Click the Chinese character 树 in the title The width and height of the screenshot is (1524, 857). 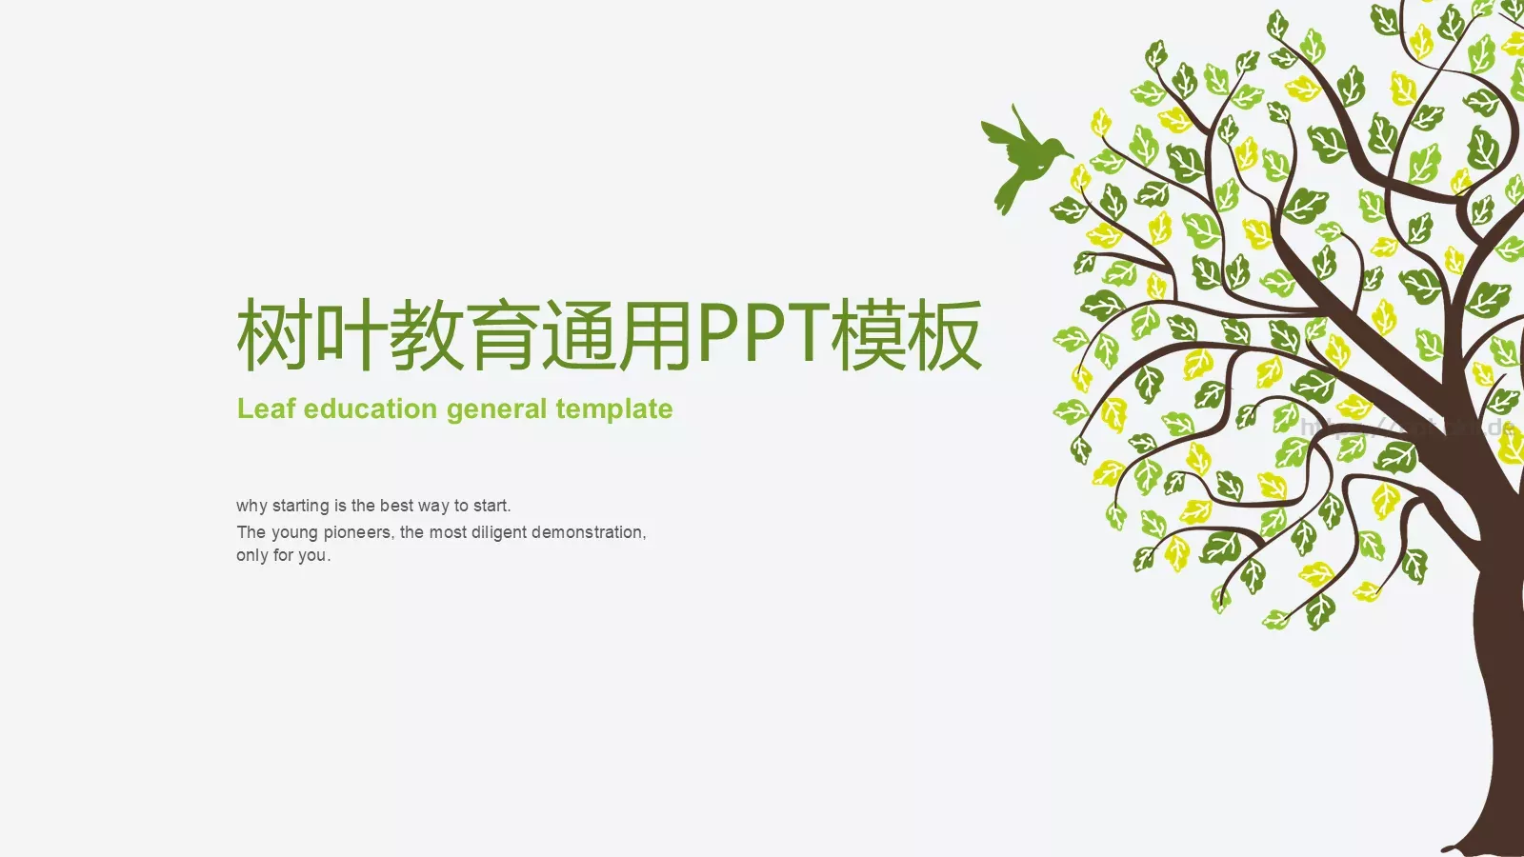[x=274, y=334]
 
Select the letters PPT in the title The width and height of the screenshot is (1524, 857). [x=762, y=333]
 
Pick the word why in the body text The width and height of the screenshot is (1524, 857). [x=251, y=506]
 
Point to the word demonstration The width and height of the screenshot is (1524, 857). [x=588, y=532]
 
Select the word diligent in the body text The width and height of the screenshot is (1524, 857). [x=498, y=532]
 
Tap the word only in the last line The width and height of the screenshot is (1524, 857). [x=251, y=555]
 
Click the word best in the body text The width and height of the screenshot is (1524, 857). [x=395, y=506]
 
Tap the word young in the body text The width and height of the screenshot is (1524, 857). [x=293, y=533]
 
